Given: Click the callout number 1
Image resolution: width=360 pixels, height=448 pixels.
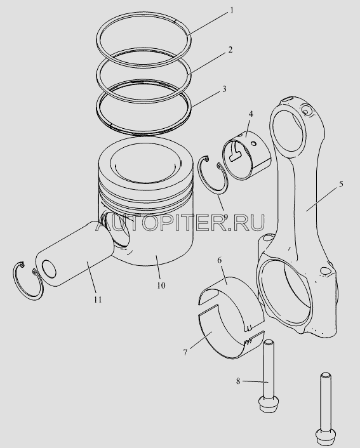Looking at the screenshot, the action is (x=232, y=11).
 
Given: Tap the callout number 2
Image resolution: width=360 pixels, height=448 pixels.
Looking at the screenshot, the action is (x=230, y=49).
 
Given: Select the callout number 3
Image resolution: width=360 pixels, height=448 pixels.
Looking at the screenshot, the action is (x=225, y=89).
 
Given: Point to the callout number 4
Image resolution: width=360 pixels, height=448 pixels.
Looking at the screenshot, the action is (x=251, y=114).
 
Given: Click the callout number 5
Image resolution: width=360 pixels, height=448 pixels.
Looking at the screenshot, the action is (x=341, y=184).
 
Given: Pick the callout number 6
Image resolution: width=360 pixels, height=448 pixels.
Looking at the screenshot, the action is (x=219, y=260).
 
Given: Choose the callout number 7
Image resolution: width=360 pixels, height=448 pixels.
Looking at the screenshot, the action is (x=185, y=353).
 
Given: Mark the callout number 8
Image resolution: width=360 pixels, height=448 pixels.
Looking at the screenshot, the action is (x=238, y=381).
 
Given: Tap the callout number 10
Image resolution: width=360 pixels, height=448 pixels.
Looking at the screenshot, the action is (x=161, y=285).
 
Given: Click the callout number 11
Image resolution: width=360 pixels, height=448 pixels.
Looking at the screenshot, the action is (x=98, y=300).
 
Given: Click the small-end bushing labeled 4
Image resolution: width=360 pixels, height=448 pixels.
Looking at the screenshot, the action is (x=246, y=155).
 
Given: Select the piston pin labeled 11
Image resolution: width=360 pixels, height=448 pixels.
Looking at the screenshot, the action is (x=75, y=253).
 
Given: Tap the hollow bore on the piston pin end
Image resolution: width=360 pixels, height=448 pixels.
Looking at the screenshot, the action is (x=49, y=268).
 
